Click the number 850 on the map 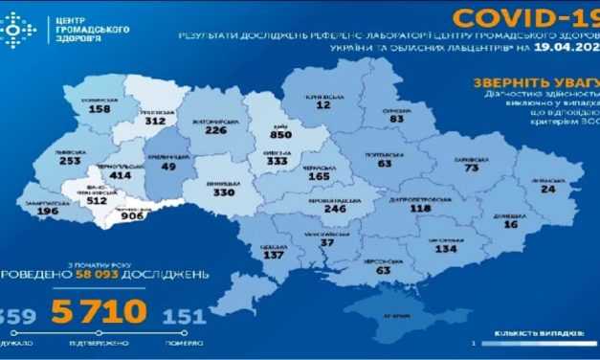pyautogui.click(x=281, y=137)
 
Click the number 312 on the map pyautogui.click(x=154, y=122)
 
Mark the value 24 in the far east pyautogui.click(x=547, y=189)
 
